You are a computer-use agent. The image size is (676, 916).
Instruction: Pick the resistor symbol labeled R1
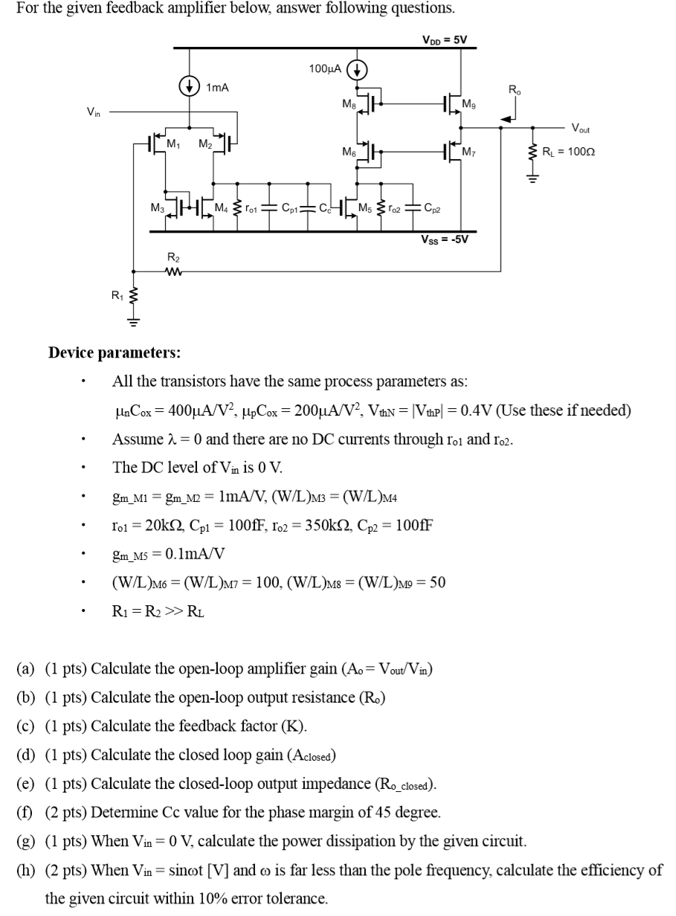[133, 299]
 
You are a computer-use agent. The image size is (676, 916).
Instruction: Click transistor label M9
[469, 103]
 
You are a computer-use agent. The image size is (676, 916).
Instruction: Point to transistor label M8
[347, 103]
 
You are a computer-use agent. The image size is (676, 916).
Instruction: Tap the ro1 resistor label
[254, 207]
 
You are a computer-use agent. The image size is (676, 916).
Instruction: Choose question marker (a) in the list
[25, 668]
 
